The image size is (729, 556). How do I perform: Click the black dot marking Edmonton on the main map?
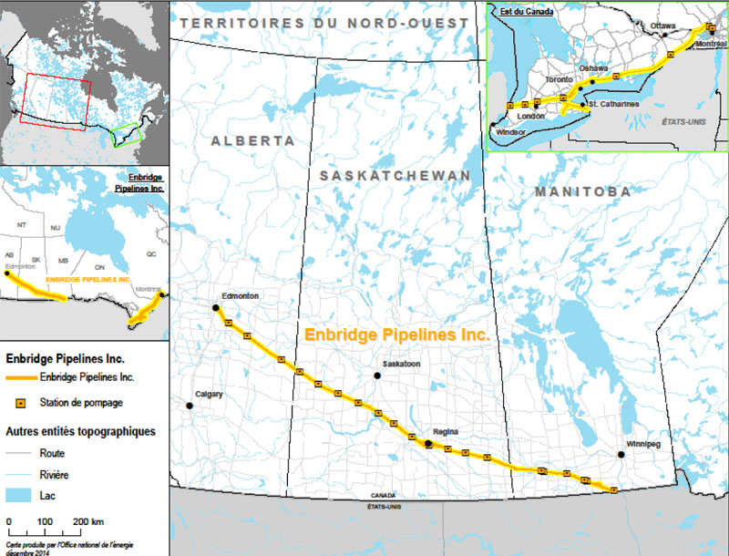(216, 308)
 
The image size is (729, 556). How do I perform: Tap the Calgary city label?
(209, 394)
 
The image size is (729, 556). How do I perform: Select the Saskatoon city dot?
(377, 376)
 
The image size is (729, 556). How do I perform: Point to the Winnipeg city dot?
(621, 454)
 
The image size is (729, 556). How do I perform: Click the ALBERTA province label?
(252, 141)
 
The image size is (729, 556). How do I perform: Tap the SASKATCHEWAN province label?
(395, 175)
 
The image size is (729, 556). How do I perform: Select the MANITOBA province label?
(582, 192)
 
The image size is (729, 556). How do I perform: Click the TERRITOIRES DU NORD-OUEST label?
(324, 22)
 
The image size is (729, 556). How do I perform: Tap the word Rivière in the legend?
(56, 474)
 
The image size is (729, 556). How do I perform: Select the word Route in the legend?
(53, 452)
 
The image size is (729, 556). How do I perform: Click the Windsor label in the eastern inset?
(512, 131)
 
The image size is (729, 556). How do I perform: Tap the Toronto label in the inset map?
(559, 79)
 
